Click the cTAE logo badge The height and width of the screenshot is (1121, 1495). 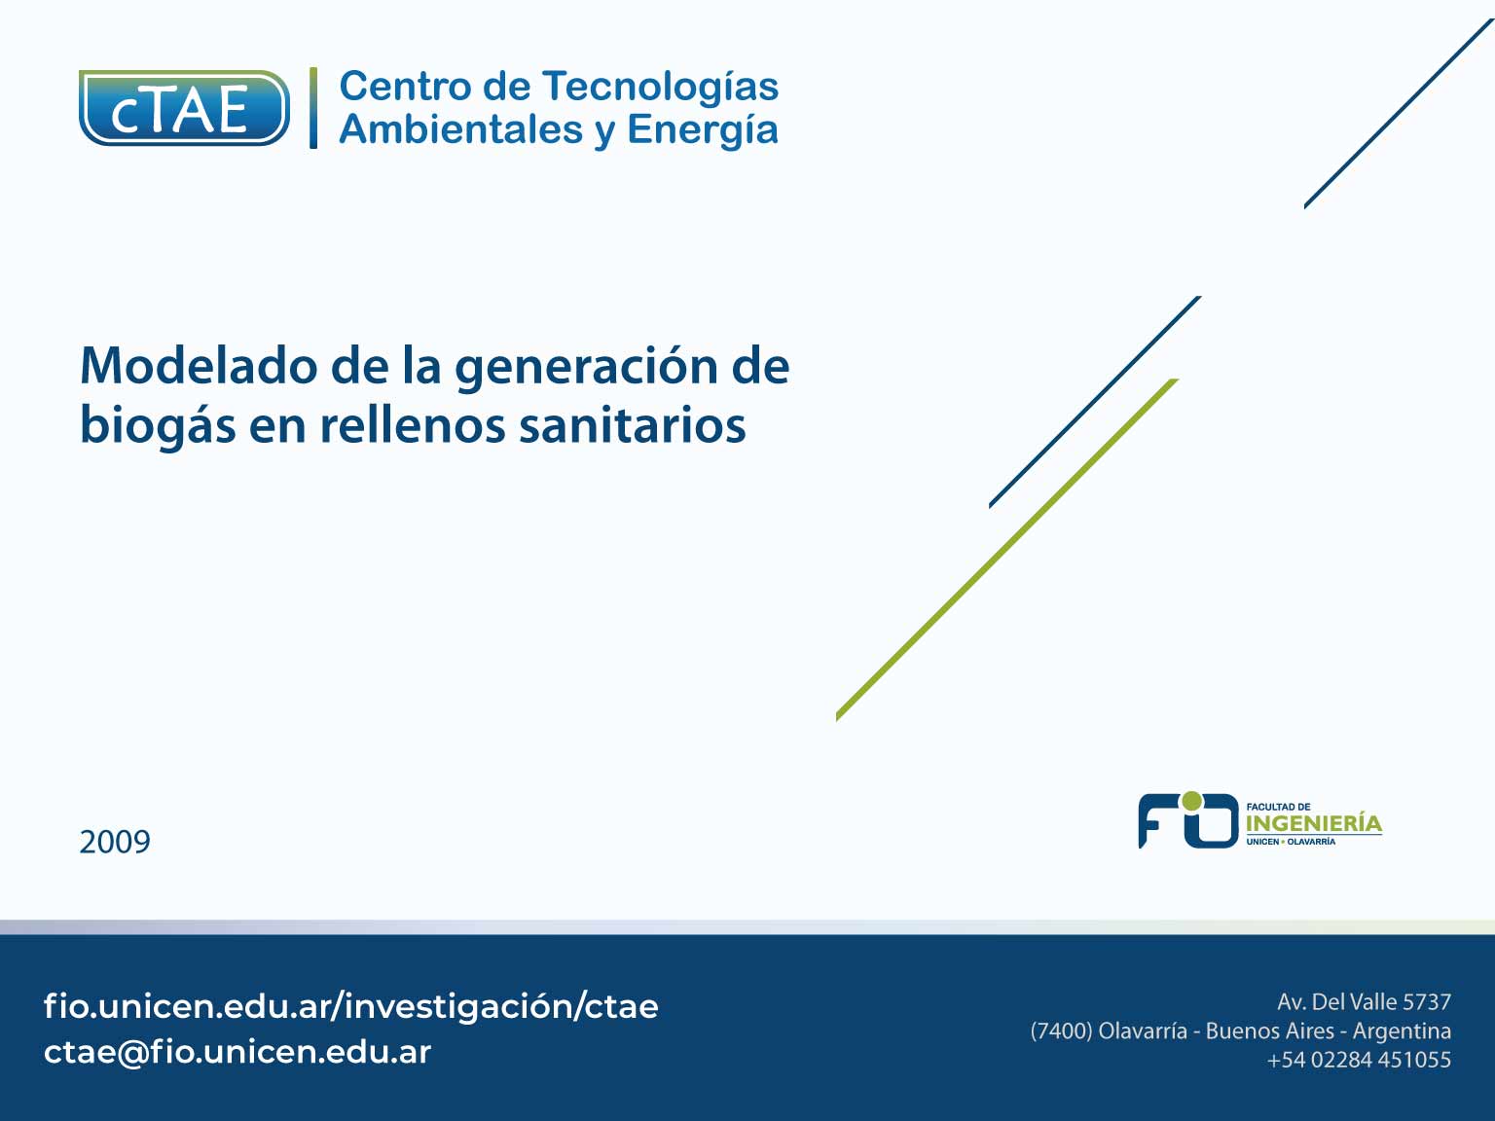click(184, 108)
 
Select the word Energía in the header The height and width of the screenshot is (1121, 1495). click(702, 130)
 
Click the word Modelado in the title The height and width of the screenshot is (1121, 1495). click(199, 366)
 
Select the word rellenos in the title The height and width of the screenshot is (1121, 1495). click(413, 424)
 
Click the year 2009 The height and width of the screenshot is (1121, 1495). click(115, 842)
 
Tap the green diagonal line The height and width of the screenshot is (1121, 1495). click(1006, 549)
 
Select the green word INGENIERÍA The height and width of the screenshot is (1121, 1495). click(1314, 823)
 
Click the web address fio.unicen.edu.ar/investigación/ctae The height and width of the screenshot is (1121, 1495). click(350, 1006)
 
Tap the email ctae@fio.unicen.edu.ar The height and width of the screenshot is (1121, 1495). click(237, 1052)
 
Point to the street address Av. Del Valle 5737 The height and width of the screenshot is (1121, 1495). click(1364, 1002)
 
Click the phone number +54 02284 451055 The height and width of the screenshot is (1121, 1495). click(1359, 1060)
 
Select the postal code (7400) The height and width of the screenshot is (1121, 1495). click(1061, 1031)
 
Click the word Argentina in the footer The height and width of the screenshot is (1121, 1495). click(1402, 1031)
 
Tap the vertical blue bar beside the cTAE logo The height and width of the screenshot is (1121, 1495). click(313, 108)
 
